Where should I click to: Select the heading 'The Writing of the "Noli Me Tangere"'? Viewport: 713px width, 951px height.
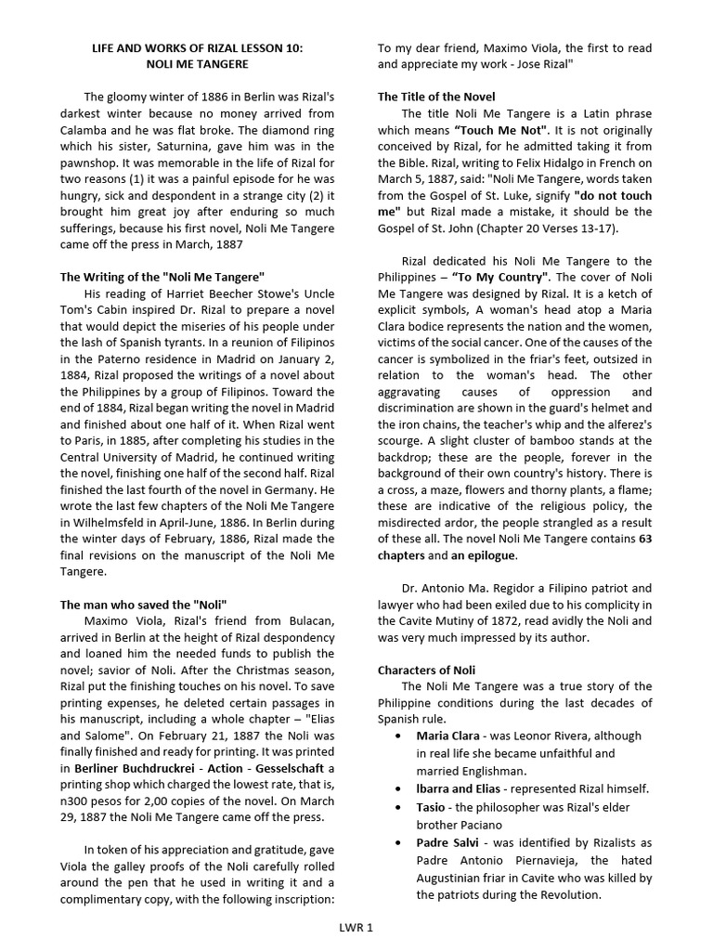(x=162, y=277)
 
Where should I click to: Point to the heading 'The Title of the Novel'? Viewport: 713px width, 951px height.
(x=435, y=97)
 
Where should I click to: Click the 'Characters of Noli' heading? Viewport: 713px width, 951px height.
(x=426, y=670)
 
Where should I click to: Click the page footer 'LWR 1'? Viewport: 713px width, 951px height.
(x=356, y=927)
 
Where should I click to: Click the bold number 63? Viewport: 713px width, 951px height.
(x=643, y=539)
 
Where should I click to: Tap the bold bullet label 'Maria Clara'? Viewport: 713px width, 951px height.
(x=448, y=736)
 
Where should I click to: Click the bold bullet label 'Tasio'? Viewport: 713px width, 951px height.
(x=432, y=807)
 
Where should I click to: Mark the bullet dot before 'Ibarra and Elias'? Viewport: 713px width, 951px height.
(x=398, y=789)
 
